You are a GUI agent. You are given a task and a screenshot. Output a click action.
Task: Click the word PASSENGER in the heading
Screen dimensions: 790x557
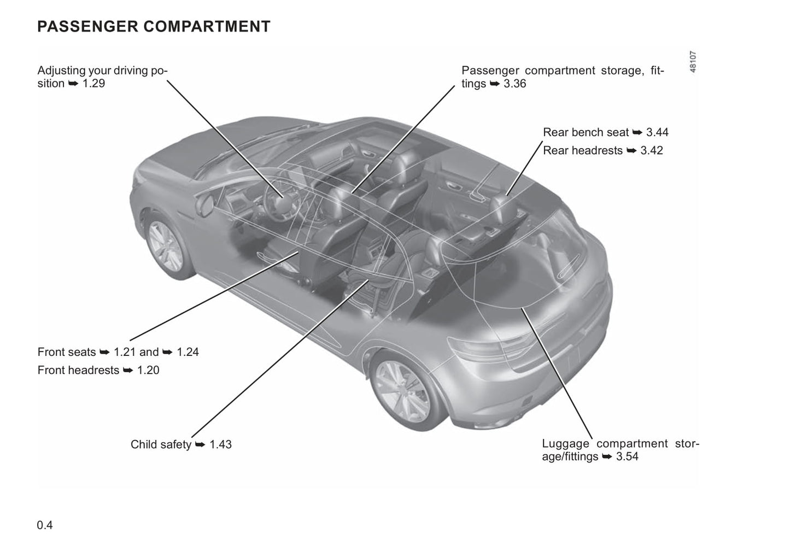(88, 26)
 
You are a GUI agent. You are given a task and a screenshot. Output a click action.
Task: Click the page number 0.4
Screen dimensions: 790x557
(45, 525)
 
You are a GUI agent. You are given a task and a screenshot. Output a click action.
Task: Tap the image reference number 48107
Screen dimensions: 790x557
(693, 62)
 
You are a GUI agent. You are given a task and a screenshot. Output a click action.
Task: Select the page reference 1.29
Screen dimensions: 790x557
(94, 84)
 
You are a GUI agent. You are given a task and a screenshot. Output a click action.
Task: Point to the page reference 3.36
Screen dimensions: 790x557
(514, 84)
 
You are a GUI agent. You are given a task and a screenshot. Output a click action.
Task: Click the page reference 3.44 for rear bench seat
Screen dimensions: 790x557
(657, 132)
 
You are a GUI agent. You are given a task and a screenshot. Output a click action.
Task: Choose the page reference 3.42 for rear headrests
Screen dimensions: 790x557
(652, 150)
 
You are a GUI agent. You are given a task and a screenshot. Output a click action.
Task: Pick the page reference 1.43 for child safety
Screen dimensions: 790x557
(220, 444)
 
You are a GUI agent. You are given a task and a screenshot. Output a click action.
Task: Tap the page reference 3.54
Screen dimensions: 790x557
(627, 456)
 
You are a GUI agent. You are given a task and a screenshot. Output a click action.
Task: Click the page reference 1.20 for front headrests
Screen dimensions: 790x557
(148, 370)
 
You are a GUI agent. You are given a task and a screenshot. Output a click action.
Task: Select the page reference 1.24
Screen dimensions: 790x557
(188, 352)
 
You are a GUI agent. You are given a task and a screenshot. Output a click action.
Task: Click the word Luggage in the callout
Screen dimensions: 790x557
(566, 444)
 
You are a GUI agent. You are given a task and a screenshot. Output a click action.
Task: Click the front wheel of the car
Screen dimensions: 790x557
(166, 246)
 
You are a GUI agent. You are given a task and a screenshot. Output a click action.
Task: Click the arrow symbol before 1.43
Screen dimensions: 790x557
(200, 445)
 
